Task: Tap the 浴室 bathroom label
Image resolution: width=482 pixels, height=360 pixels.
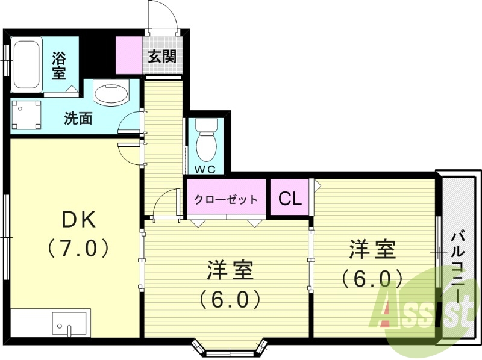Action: [58, 66]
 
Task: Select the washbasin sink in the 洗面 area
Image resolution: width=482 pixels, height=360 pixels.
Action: [111, 94]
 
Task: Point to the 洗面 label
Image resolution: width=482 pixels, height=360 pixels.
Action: [78, 118]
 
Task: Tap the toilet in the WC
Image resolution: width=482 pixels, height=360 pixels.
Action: [205, 141]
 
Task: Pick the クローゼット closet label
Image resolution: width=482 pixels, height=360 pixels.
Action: [226, 199]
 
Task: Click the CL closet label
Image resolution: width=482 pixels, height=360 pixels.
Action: [290, 199]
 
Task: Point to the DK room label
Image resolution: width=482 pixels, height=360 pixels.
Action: [79, 220]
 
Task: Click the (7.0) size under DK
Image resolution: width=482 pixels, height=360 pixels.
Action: [79, 247]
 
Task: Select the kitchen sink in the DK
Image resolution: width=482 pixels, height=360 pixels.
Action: [70, 325]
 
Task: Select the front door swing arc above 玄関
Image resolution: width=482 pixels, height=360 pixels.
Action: [164, 15]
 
